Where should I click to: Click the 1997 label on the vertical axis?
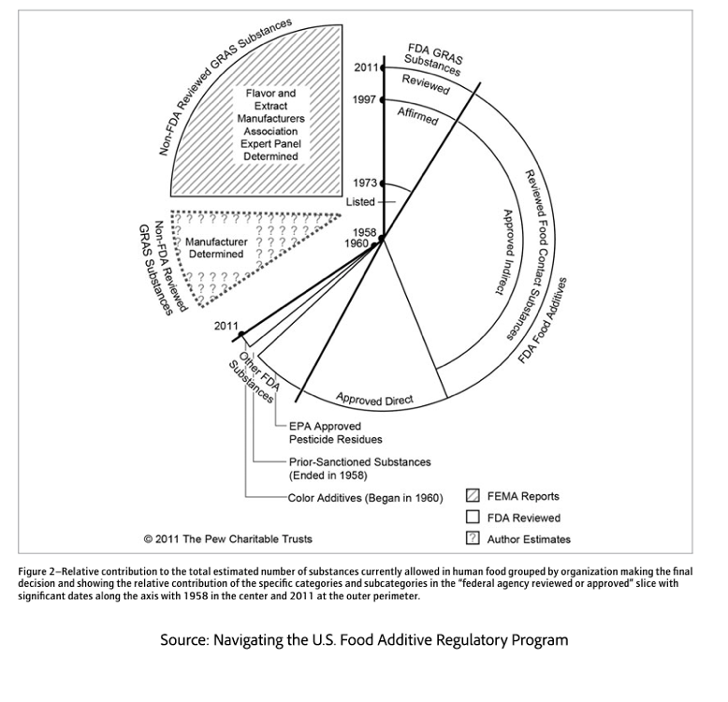pyautogui.click(x=364, y=99)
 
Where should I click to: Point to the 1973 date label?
pyautogui.click(x=364, y=183)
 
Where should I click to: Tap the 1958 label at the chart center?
pyautogui.click(x=364, y=231)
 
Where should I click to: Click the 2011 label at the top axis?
pyautogui.click(x=366, y=67)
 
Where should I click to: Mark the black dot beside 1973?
pyautogui.click(x=382, y=183)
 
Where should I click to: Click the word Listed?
pyautogui.click(x=360, y=202)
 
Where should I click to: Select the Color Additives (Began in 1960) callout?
pyautogui.click(x=366, y=496)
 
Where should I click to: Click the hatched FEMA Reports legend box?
pyautogui.click(x=473, y=496)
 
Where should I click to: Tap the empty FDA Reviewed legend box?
pyautogui.click(x=473, y=517)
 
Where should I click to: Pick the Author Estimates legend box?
pyautogui.click(x=473, y=538)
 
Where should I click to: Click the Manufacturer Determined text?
pyautogui.click(x=215, y=248)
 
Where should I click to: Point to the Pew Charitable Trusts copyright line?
pyautogui.click(x=228, y=538)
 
